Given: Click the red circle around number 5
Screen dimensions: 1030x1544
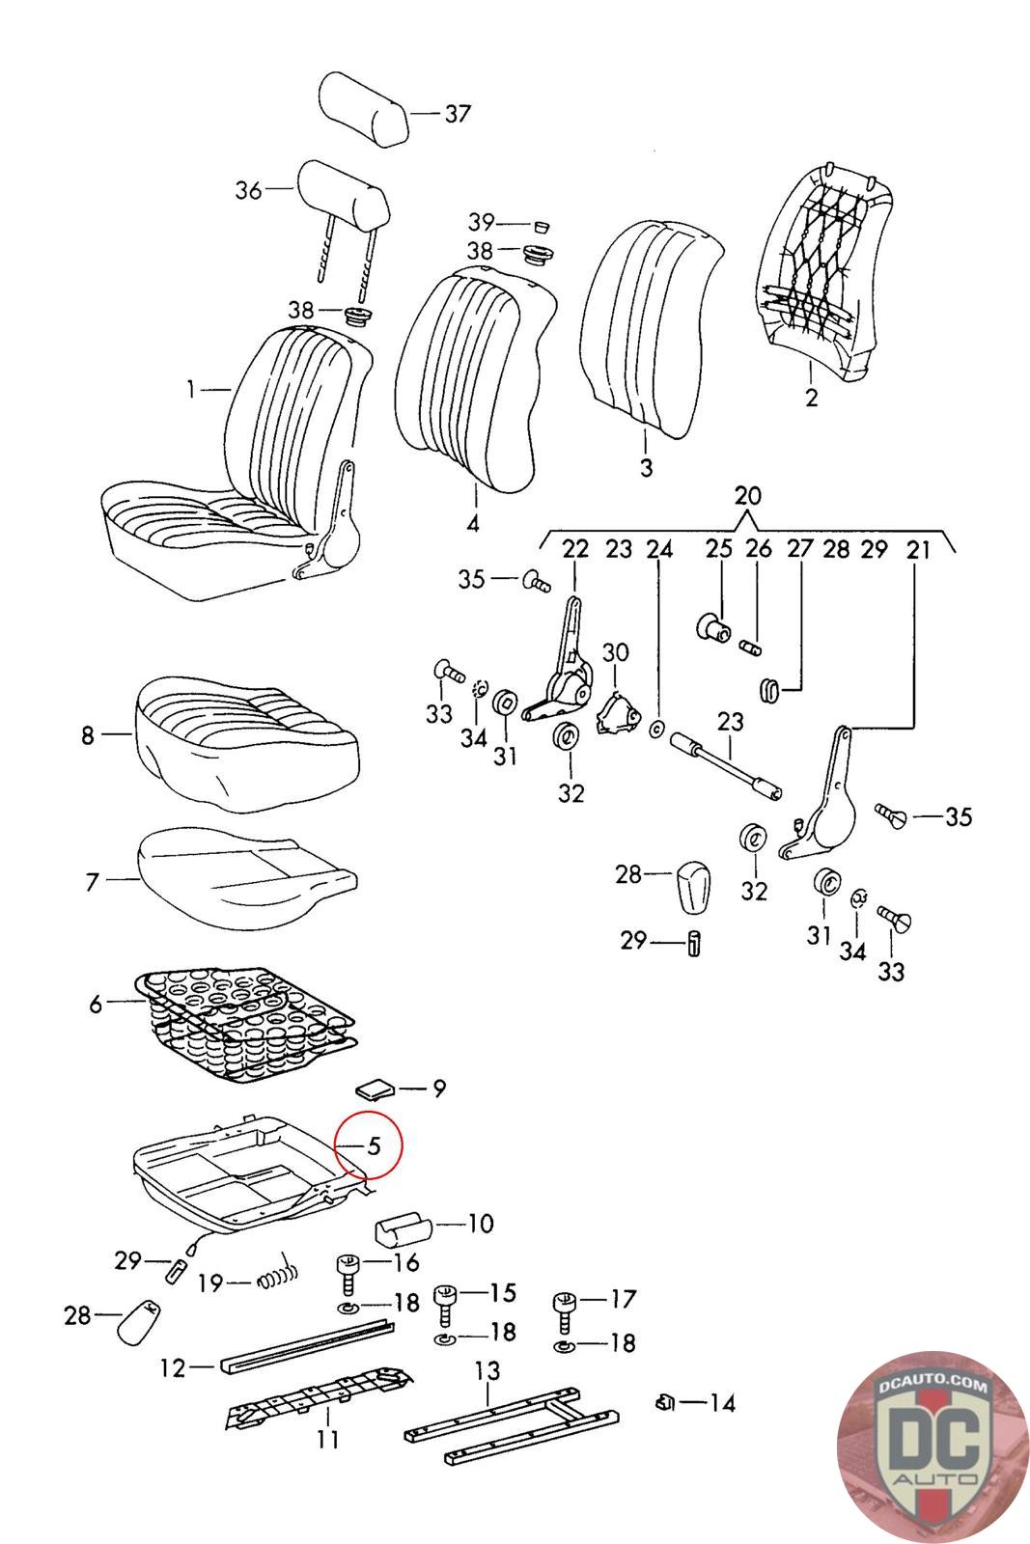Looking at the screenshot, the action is [x=368, y=1145].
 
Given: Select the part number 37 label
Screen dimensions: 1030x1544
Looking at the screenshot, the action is [x=458, y=113].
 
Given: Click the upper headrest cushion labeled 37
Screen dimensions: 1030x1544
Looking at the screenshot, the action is [x=364, y=109].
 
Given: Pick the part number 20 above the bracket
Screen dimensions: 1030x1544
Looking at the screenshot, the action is [x=747, y=496].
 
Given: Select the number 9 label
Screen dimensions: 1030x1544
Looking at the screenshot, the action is [x=438, y=1089].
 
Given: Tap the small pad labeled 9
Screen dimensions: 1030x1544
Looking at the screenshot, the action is [x=375, y=1089].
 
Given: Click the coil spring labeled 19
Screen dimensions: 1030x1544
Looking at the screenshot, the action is [x=278, y=1278].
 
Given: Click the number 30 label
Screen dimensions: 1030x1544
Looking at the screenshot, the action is [x=615, y=652].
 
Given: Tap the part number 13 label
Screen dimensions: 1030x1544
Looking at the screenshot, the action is [x=487, y=1371].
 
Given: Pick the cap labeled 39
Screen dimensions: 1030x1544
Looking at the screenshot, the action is [x=543, y=227].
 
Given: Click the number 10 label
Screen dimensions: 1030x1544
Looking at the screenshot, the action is [x=481, y=1224].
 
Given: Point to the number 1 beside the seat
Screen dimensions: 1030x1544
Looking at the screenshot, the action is [x=191, y=390].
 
